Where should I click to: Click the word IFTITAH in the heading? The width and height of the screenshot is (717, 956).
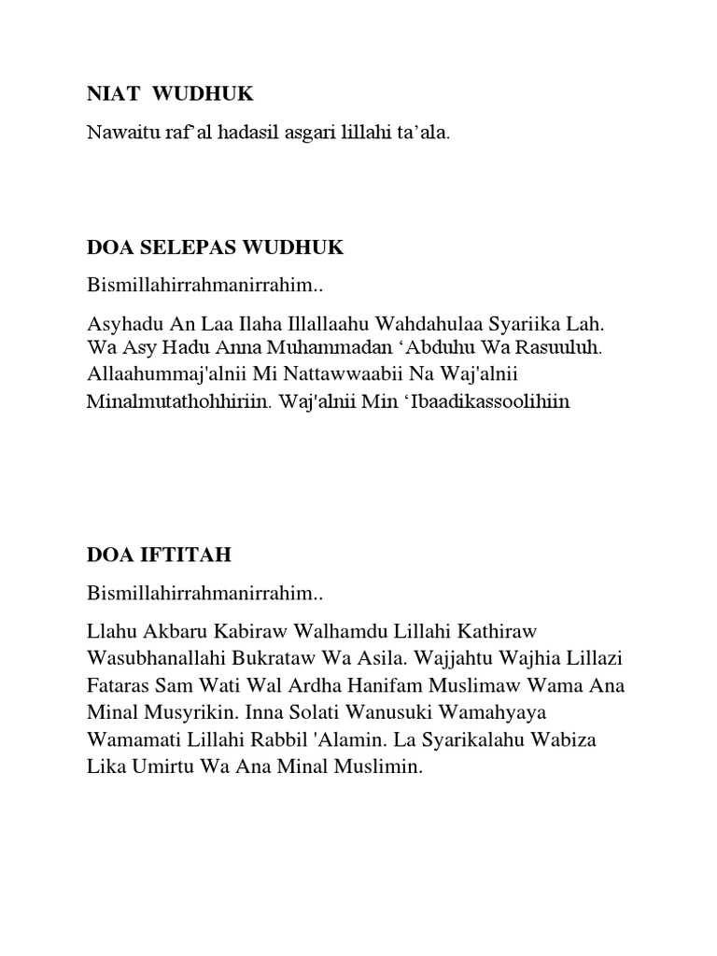click(184, 555)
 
